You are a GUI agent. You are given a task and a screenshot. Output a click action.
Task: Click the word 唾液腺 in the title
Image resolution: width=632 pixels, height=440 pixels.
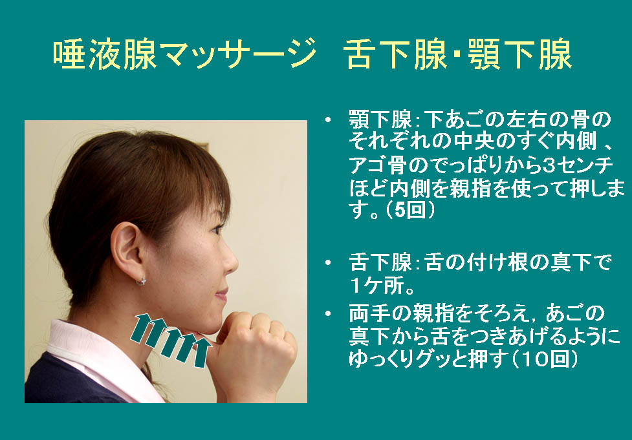tap(105, 54)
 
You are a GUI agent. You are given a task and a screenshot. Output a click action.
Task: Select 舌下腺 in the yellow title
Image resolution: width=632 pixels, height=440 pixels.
tap(397, 54)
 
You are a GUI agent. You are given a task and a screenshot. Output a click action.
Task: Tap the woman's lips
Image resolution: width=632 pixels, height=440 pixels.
tap(222, 294)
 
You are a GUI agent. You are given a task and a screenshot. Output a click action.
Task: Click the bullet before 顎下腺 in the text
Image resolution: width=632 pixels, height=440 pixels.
tap(328, 120)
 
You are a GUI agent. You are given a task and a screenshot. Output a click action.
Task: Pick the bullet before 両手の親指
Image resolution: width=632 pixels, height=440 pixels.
tap(328, 313)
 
